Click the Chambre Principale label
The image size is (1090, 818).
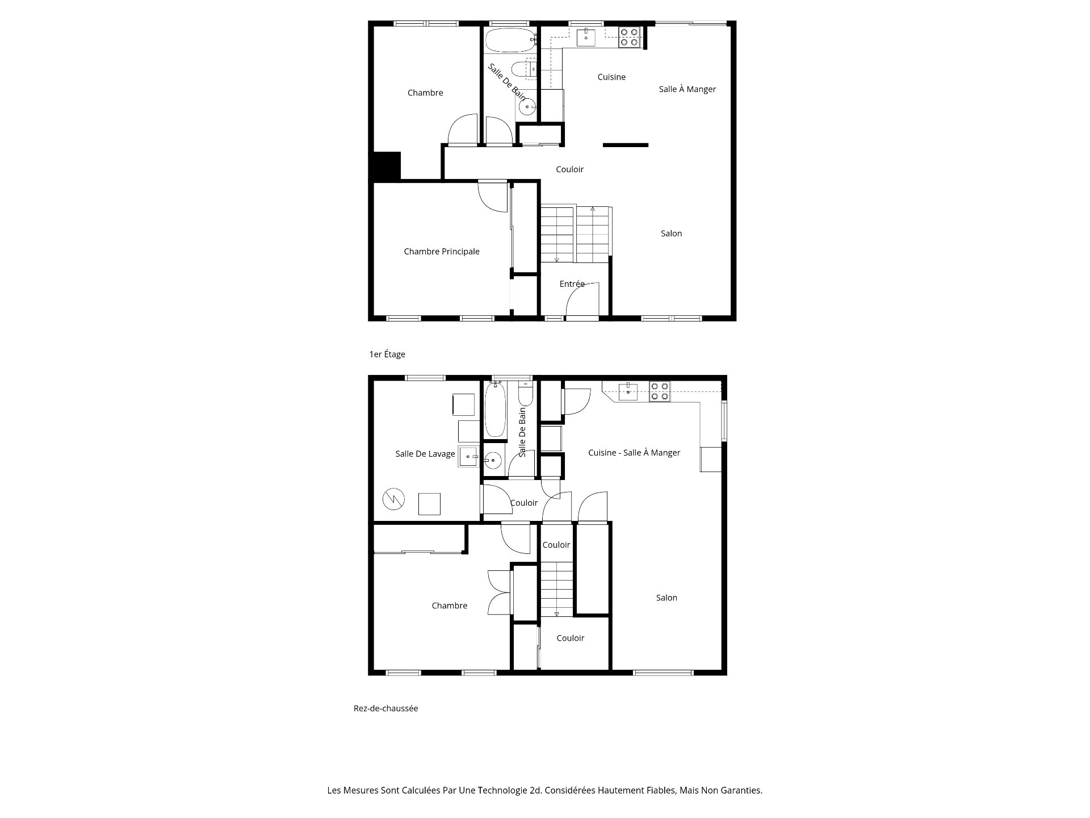tap(442, 252)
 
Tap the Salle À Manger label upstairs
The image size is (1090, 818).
tap(687, 89)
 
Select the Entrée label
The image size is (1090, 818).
tap(572, 284)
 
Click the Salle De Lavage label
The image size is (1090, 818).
tap(425, 454)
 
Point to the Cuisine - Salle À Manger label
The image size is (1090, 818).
tap(634, 453)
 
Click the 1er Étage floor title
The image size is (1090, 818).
tap(387, 354)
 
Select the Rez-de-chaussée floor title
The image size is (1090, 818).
tap(386, 708)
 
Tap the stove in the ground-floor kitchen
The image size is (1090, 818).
tap(660, 392)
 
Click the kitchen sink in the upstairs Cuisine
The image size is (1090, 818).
tap(586, 37)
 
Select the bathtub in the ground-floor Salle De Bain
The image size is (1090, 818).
tap(495, 409)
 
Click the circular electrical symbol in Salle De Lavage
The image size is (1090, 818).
tap(393, 499)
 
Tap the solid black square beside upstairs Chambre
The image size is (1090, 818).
tap(387, 166)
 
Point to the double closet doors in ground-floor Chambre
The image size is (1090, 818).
tap(500, 592)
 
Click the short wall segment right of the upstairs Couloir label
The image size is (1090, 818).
tap(626, 145)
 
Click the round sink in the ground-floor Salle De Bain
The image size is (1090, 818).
tap(493, 461)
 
